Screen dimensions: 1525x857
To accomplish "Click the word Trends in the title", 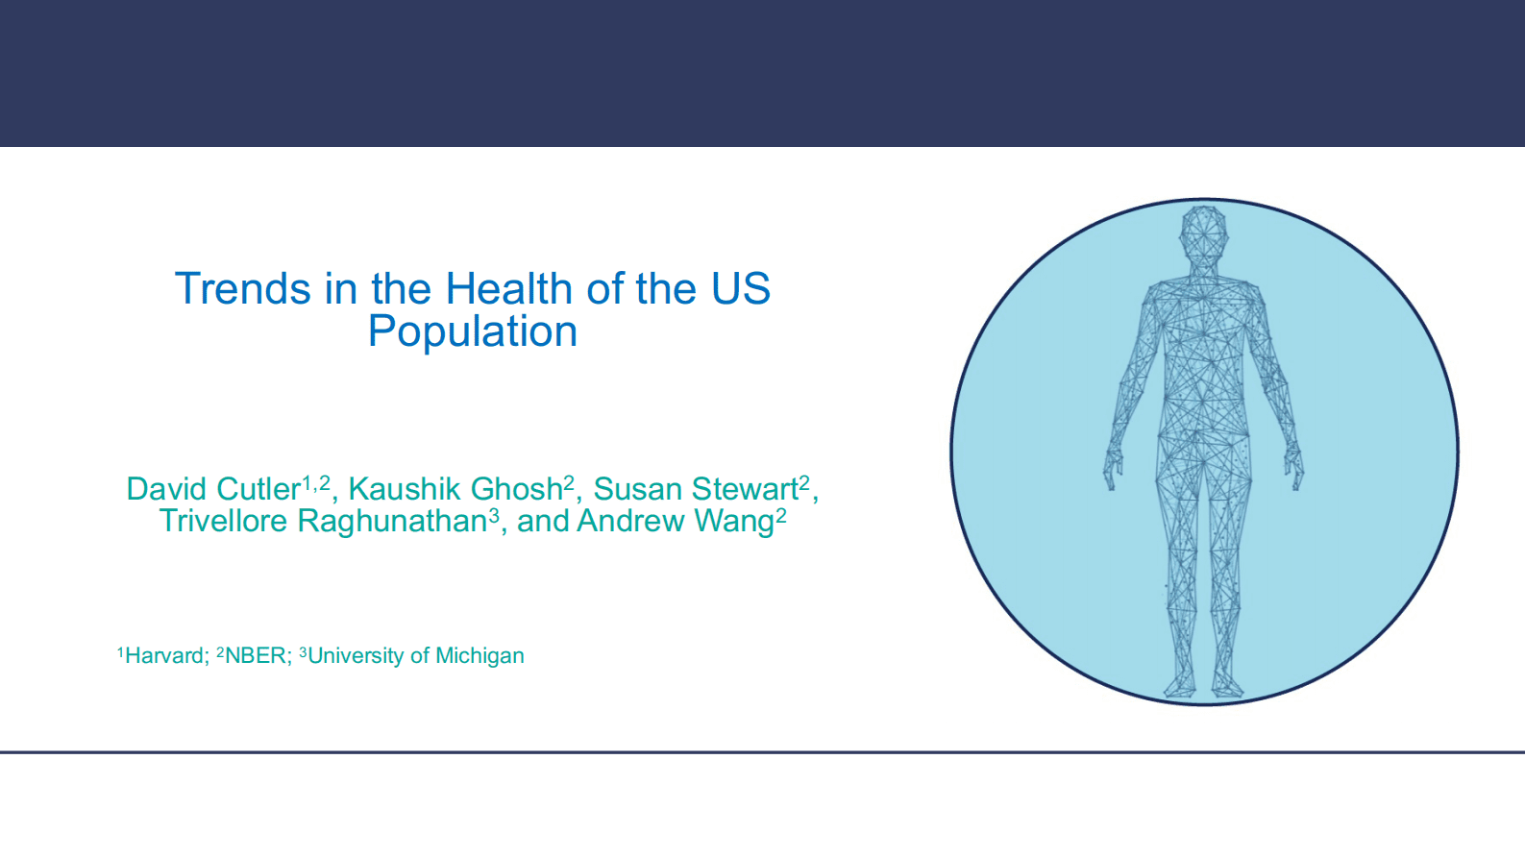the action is pyautogui.click(x=243, y=288).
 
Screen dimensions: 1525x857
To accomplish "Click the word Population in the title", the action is pyautogui.click(x=473, y=331).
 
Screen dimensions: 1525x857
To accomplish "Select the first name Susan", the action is pyautogui.click(x=637, y=489).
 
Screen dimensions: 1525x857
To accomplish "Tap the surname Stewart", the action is pyautogui.click(x=745, y=489).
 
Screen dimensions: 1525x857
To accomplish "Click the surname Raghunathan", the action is pyautogui.click(x=392, y=522).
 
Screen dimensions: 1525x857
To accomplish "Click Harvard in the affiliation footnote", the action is pyautogui.click(x=164, y=655).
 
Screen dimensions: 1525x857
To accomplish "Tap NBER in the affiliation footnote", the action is pyautogui.click(x=256, y=655).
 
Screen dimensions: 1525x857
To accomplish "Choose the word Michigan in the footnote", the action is pyautogui.click(x=480, y=656).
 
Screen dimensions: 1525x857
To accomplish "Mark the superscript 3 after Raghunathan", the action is pyautogui.click(x=494, y=514).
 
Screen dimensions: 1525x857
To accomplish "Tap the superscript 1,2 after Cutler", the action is pyautogui.click(x=316, y=482).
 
